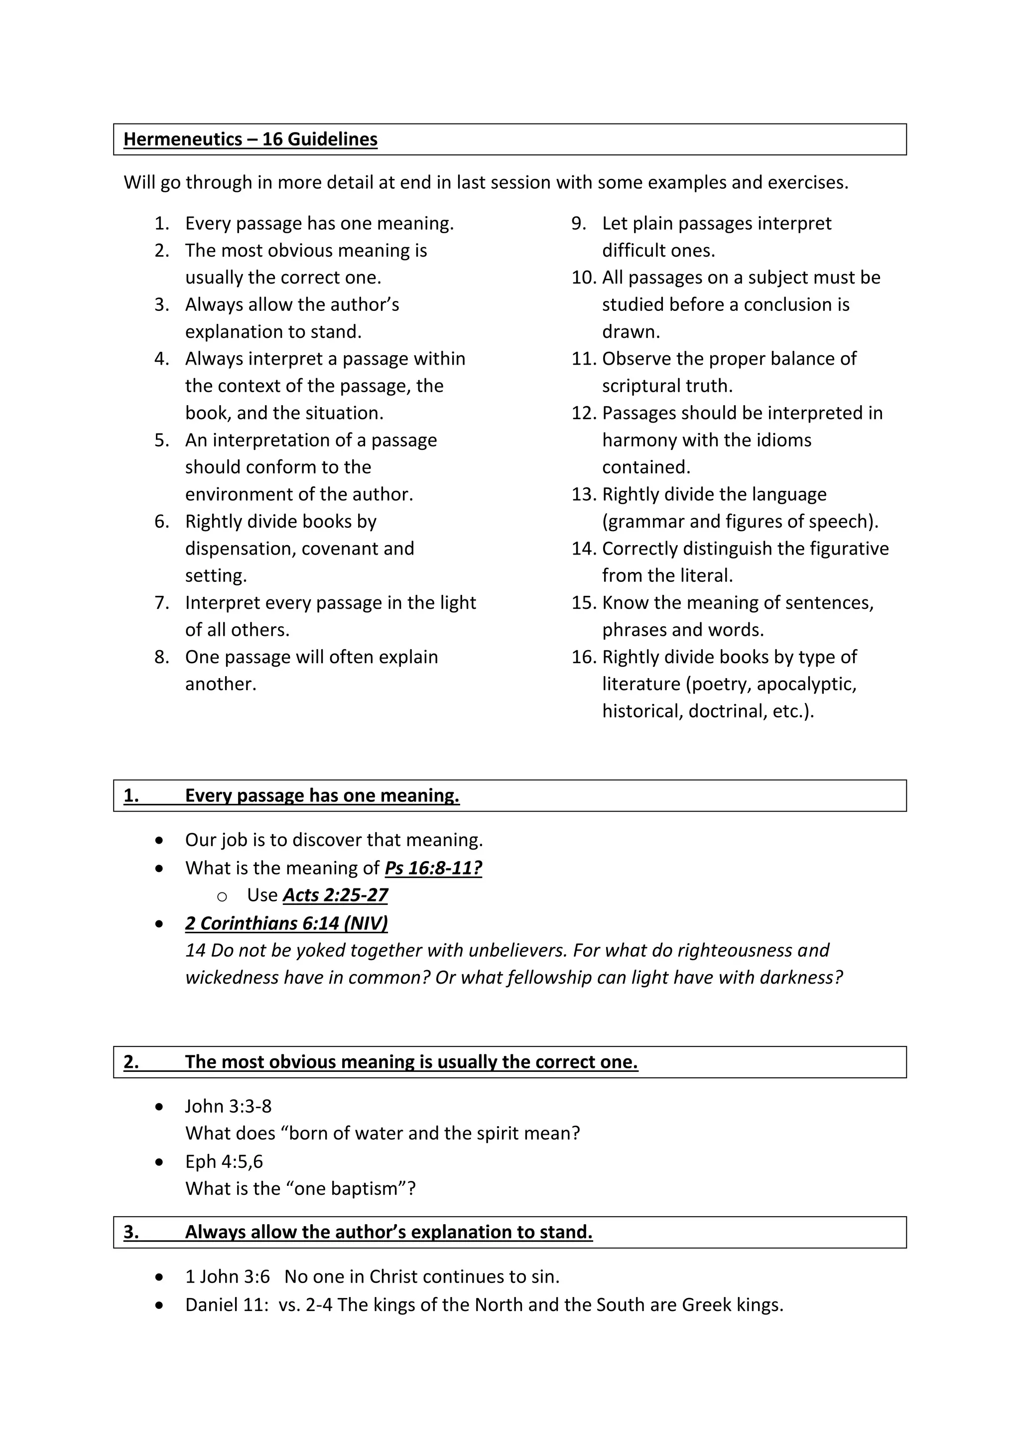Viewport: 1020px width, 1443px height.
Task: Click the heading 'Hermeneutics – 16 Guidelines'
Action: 250,139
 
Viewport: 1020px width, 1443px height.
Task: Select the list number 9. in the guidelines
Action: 578,223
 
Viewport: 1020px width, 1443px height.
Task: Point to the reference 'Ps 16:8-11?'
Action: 433,868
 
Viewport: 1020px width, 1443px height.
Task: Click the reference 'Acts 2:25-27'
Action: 335,895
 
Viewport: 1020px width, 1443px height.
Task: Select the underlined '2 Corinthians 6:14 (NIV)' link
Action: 286,923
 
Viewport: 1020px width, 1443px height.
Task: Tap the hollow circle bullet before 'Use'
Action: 222,897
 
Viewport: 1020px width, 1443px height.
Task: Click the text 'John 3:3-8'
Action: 228,1106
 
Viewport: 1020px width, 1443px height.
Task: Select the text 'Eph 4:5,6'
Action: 224,1161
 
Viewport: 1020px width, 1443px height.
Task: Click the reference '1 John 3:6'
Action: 228,1277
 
